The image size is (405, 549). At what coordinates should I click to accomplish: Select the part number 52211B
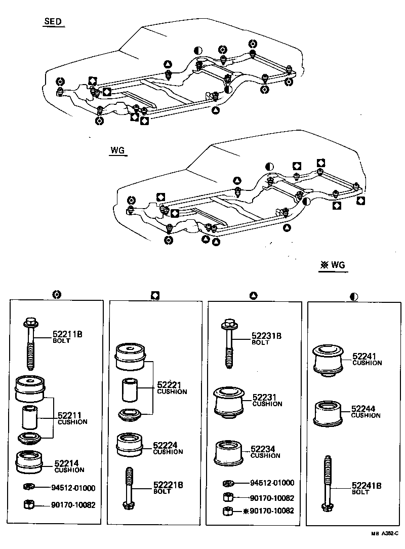67,334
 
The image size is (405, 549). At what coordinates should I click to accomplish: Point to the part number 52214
66,463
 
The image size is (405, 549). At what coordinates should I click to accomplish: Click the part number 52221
169,385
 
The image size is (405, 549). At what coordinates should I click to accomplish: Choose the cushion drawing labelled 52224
130,444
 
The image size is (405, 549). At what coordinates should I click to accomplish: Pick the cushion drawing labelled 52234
229,452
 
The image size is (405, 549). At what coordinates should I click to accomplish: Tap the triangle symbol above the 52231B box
254,294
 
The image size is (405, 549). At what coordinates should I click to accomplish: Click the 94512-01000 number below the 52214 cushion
73,488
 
